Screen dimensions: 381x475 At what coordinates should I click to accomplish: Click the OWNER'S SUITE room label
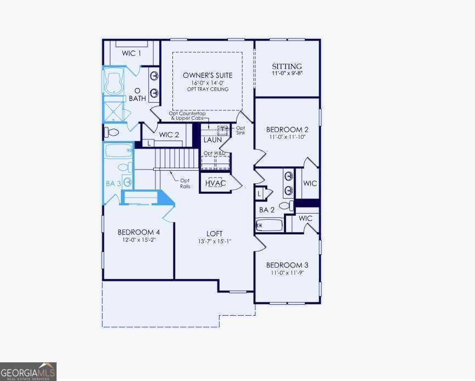coord(208,75)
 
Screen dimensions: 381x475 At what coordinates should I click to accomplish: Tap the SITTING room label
coord(287,66)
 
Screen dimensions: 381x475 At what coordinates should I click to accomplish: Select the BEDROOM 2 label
coord(287,130)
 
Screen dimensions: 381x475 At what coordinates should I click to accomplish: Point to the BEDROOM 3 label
coord(287,265)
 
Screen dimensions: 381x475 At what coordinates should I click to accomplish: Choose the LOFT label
coord(214,233)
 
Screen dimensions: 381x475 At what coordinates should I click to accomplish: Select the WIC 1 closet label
coord(132,53)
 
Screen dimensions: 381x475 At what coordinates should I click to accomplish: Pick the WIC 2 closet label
coord(169,135)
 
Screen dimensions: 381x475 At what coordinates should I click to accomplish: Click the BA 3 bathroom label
coord(113,183)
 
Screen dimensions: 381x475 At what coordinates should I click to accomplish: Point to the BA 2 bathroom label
coord(266,210)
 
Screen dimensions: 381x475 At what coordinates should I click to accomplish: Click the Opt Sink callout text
coord(241,130)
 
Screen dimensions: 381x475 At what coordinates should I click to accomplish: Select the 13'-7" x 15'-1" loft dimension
coord(214,242)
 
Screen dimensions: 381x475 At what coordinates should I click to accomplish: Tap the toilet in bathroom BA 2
coord(286,206)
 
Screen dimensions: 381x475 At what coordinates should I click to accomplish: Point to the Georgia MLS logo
coord(28,371)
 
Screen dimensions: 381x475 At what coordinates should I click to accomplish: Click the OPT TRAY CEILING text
coord(208,89)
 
